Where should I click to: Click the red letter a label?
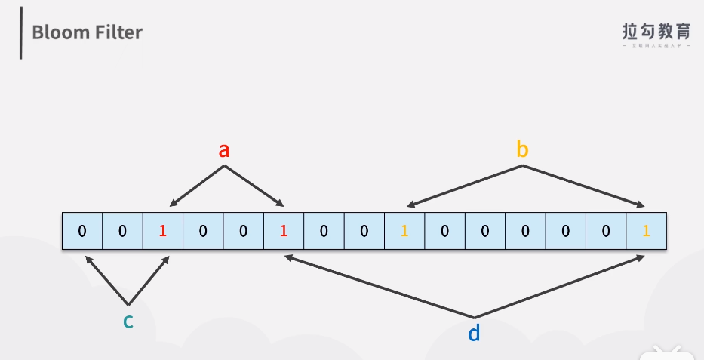(x=223, y=150)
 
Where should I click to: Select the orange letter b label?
(x=522, y=149)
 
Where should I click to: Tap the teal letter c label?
(x=128, y=321)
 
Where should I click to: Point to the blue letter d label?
(x=474, y=332)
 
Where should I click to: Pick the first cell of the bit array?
(x=82, y=231)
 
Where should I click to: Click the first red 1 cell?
(x=163, y=231)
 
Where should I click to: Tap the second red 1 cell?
(x=284, y=231)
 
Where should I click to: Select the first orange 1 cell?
(x=404, y=231)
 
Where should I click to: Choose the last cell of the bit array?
(x=646, y=231)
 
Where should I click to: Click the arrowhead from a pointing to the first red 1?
(x=173, y=203)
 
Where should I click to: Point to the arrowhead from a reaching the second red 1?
(x=280, y=203)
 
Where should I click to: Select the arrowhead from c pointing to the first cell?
(x=88, y=259)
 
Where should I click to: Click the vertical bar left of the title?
(x=21, y=32)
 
